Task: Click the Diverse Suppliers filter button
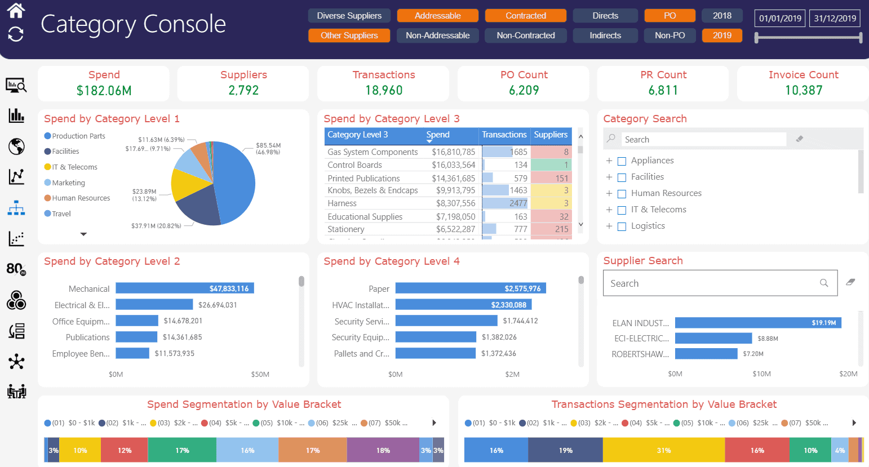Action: pyautogui.click(x=349, y=16)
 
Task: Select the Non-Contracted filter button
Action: pyautogui.click(x=525, y=35)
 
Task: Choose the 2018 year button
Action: pyautogui.click(x=721, y=16)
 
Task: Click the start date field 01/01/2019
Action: pyautogui.click(x=779, y=19)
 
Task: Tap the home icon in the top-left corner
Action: pyautogui.click(x=16, y=10)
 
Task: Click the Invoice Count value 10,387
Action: pyautogui.click(x=803, y=90)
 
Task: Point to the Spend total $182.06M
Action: pyautogui.click(x=104, y=90)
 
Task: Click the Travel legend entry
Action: pyautogui.click(x=61, y=214)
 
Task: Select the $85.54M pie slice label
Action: pyautogui.click(x=268, y=148)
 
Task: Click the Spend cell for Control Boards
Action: pyautogui.click(x=453, y=165)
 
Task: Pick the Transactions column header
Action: pyautogui.click(x=504, y=135)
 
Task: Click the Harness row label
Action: pyautogui.click(x=342, y=203)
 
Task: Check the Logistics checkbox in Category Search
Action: pyautogui.click(x=622, y=226)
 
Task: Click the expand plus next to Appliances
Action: pyautogui.click(x=609, y=161)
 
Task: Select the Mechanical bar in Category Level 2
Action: pyautogui.click(x=185, y=288)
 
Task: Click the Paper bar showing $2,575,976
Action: pyautogui.click(x=470, y=288)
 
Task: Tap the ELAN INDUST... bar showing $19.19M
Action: pyautogui.click(x=757, y=323)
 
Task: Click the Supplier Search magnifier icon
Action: pyautogui.click(x=824, y=283)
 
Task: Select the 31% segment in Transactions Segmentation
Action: pyautogui.click(x=663, y=450)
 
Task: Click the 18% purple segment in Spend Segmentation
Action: pyautogui.click(x=383, y=450)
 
